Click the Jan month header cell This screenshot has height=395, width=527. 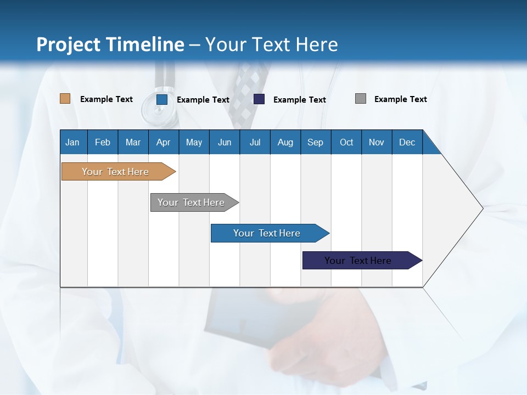73,142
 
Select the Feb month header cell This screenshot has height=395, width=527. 103,142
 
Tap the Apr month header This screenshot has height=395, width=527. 164,142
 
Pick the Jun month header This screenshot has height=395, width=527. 225,142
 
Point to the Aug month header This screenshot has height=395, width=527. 285,142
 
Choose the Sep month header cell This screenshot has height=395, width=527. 316,142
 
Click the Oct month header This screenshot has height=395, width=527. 346,142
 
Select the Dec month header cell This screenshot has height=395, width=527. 407,142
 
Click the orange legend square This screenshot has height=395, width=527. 65,99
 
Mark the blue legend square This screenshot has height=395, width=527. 162,99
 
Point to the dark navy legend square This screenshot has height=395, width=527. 259,99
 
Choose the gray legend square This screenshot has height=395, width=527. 361,99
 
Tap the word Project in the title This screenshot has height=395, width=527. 63,44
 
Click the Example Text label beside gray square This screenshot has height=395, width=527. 400,99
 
